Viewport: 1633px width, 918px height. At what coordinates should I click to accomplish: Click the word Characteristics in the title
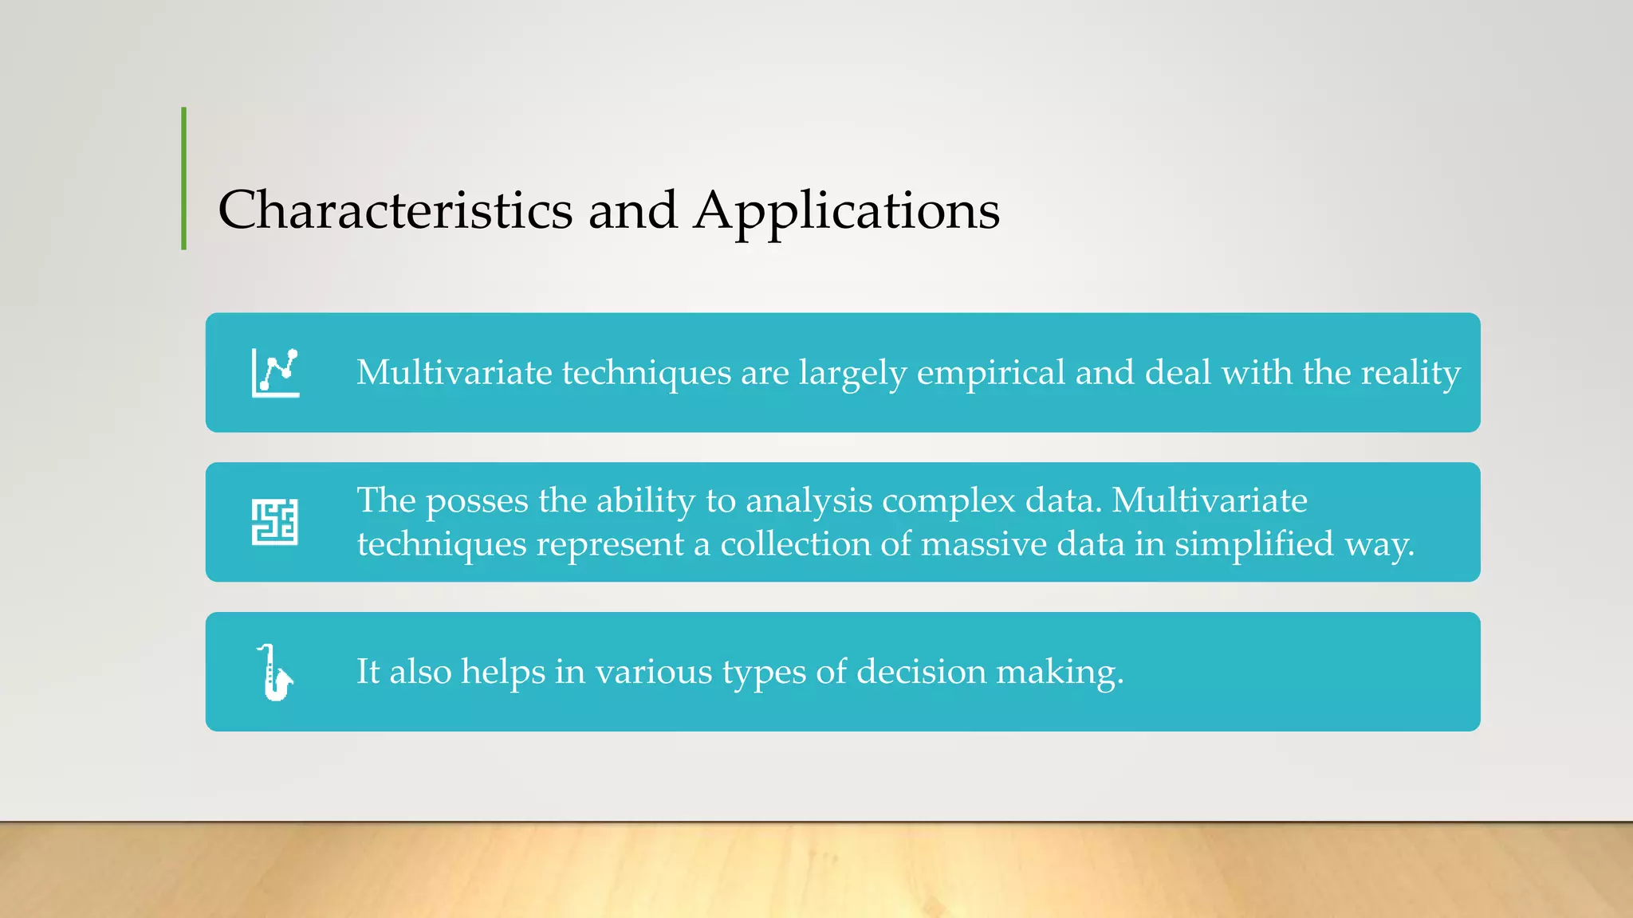[x=395, y=210]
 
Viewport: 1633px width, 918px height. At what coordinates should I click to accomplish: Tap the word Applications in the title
[x=846, y=212]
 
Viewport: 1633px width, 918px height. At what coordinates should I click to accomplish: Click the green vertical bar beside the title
[x=184, y=178]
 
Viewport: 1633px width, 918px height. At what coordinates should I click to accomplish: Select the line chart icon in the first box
[x=275, y=372]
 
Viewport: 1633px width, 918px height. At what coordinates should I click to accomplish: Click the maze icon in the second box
[x=275, y=523]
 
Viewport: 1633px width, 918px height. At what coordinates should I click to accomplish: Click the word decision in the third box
[x=921, y=672]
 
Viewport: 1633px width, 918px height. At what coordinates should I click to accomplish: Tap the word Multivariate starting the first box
[x=454, y=373]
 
